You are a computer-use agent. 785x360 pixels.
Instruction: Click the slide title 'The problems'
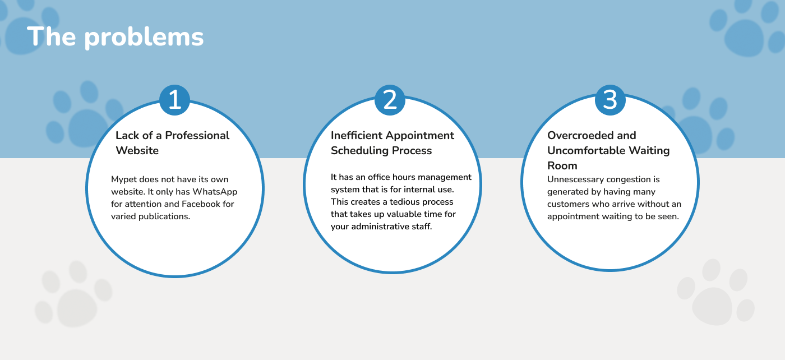click(x=115, y=37)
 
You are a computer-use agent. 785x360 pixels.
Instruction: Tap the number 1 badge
click(x=174, y=100)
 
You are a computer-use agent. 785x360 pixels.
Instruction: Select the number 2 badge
click(x=390, y=100)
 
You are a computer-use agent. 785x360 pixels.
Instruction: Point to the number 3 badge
click(x=610, y=100)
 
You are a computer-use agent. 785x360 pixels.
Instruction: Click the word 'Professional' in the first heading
click(x=197, y=135)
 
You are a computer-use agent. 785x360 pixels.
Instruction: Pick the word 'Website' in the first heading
click(x=137, y=150)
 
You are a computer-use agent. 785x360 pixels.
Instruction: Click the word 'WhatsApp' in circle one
click(x=215, y=192)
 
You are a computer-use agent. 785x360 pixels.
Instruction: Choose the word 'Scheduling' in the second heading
click(x=360, y=151)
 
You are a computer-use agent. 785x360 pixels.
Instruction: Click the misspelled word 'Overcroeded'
click(x=578, y=135)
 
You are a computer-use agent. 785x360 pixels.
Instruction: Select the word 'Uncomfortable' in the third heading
click(x=587, y=150)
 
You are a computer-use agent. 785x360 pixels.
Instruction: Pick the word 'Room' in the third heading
click(x=562, y=165)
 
